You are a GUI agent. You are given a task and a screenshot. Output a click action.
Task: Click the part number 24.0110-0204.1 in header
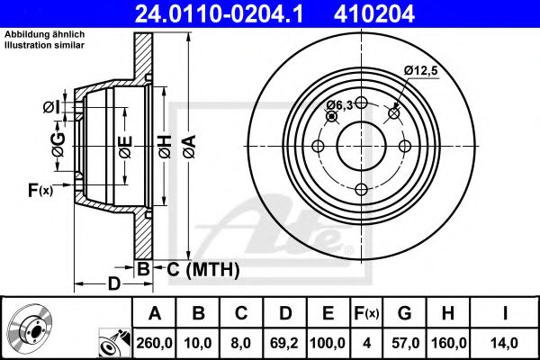[x=231, y=14]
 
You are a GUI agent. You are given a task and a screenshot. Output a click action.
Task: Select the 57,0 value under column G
[x=405, y=341]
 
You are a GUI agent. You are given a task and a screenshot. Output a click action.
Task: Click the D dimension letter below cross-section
[x=112, y=284]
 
